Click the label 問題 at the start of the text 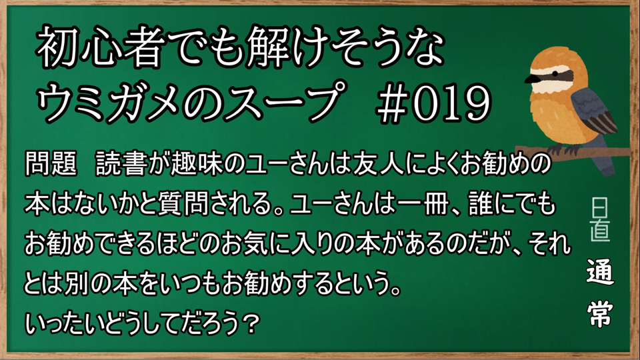pyautogui.click(x=51, y=165)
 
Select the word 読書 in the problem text pyautogui.click(x=121, y=165)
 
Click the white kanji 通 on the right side pyautogui.click(x=599, y=272)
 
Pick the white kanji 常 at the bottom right pyautogui.click(x=599, y=313)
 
